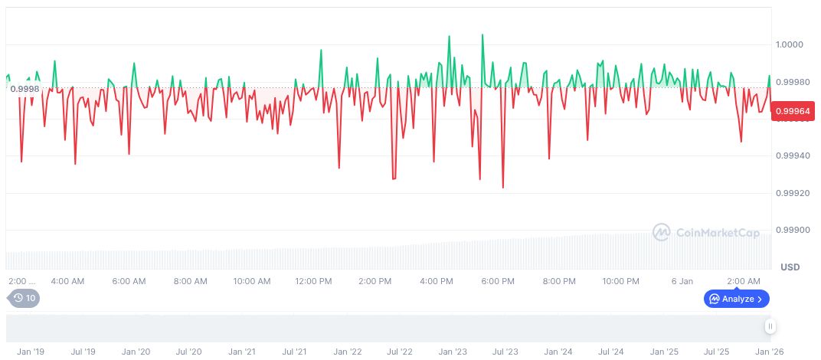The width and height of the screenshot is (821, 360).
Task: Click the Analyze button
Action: click(x=736, y=299)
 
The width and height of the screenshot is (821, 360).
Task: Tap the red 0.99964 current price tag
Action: click(x=793, y=112)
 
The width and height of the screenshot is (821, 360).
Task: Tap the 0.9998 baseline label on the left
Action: click(x=25, y=89)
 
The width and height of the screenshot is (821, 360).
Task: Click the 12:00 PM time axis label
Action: click(x=313, y=281)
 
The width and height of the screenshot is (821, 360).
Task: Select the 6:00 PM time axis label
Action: click(x=498, y=281)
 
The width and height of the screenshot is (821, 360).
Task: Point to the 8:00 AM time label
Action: click(x=190, y=281)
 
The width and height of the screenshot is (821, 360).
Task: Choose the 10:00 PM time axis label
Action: click(x=620, y=281)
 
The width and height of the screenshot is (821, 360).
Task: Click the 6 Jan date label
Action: click(x=682, y=281)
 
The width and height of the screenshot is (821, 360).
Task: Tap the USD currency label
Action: click(x=790, y=267)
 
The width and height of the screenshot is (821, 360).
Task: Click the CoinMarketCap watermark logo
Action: click(x=705, y=232)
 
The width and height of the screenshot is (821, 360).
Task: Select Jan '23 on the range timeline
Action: click(x=452, y=352)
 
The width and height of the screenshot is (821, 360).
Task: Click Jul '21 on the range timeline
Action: click(x=294, y=352)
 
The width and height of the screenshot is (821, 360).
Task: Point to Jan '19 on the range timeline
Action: click(x=31, y=352)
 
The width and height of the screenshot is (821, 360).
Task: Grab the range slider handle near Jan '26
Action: click(x=770, y=326)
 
